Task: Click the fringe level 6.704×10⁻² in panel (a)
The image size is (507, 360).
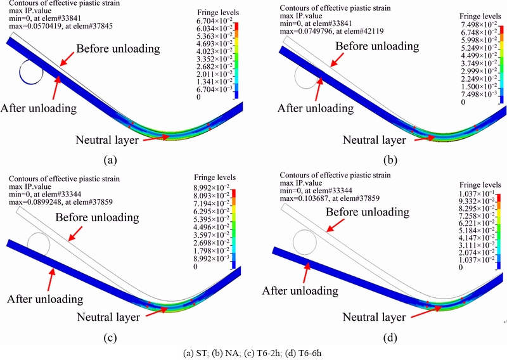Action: (214, 21)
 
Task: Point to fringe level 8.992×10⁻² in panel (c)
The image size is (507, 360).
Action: (212, 188)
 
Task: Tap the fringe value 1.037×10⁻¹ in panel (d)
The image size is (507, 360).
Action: (477, 193)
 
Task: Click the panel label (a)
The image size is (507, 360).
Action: (110, 160)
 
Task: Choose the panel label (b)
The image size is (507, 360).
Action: (390, 160)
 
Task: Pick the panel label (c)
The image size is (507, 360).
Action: (110, 338)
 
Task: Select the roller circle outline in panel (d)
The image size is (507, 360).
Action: (293, 242)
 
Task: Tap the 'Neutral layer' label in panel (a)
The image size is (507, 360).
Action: (107, 140)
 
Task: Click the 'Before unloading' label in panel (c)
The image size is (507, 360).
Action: (98, 217)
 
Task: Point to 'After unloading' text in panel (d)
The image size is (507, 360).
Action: (300, 290)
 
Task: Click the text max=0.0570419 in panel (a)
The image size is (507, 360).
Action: (61, 26)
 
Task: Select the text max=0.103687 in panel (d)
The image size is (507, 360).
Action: (330, 198)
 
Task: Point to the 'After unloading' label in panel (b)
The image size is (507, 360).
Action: (316, 108)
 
